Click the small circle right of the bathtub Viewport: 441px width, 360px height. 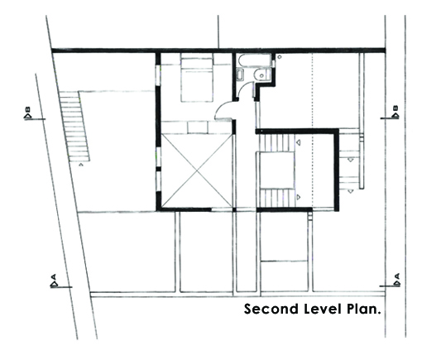pos(280,57)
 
